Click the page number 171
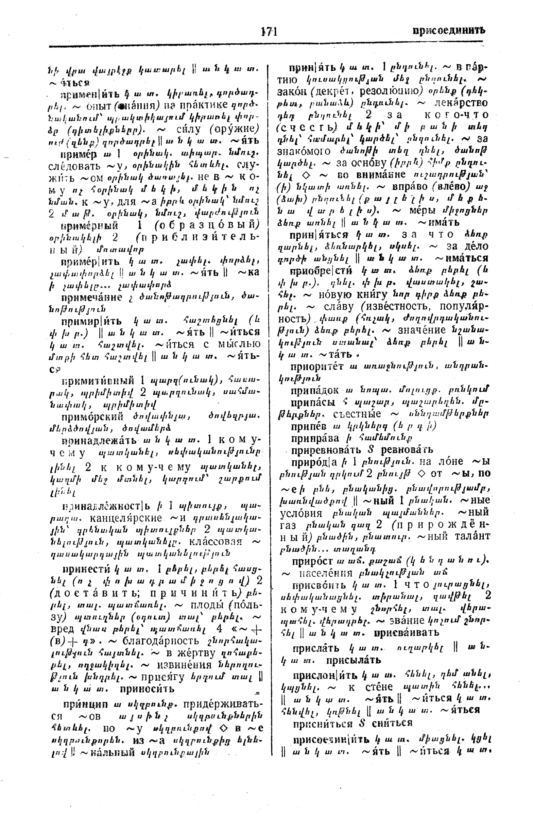click(269, 32)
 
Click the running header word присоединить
click(449, 31)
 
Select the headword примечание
click(92, 297)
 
